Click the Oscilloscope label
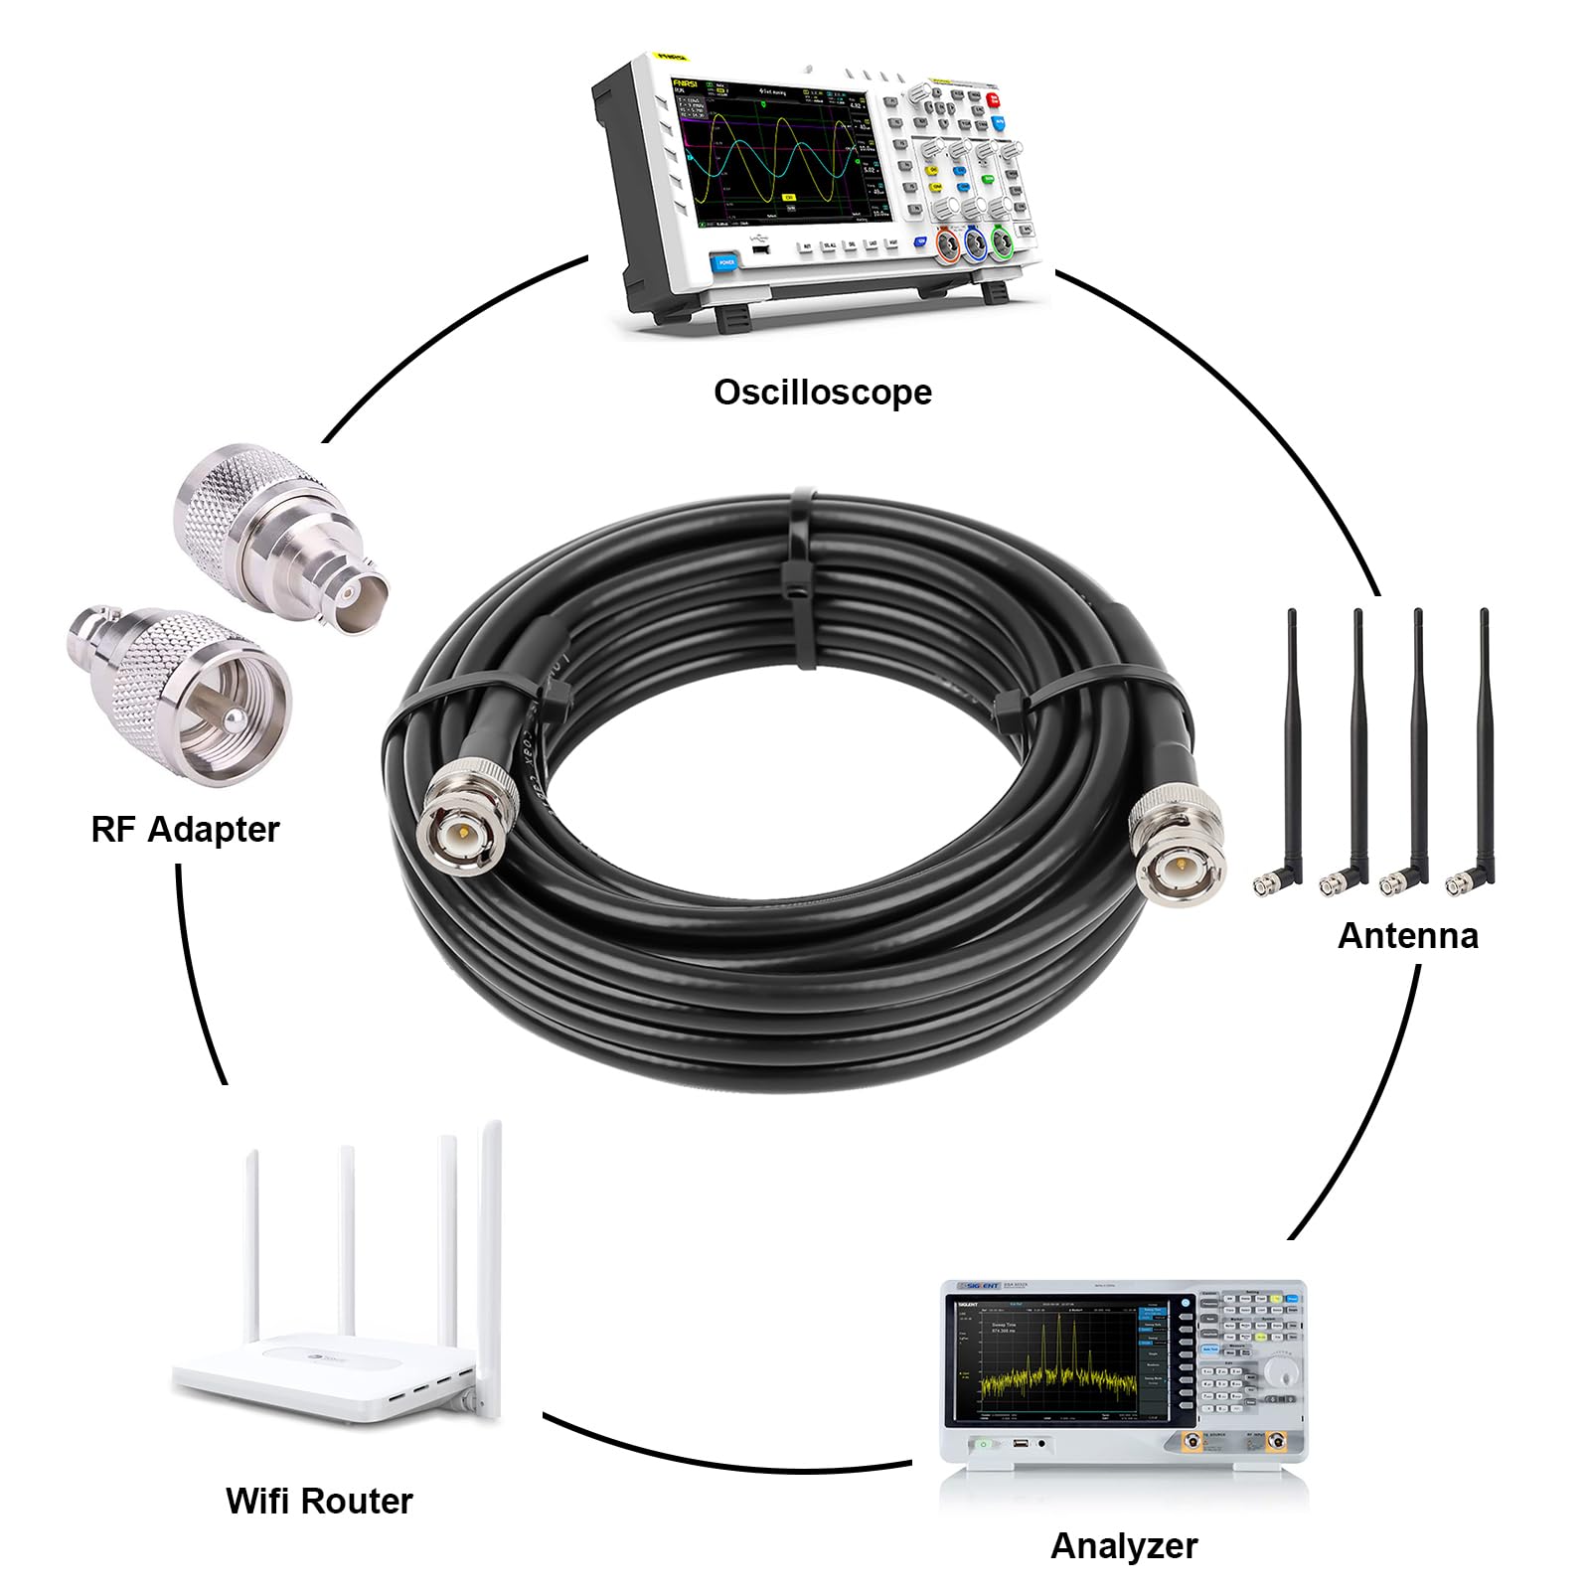tap(823, 393)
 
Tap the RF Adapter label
tap(185, 829)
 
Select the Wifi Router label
tap(319, 1501)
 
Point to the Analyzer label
tap(1124, 1545)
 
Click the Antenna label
tap(1407, 935)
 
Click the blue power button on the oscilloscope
tap(725, 262)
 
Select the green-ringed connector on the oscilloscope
tap(1003, 241)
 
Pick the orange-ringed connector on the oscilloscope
tap(947, 243)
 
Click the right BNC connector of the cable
tap(1178, 845)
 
